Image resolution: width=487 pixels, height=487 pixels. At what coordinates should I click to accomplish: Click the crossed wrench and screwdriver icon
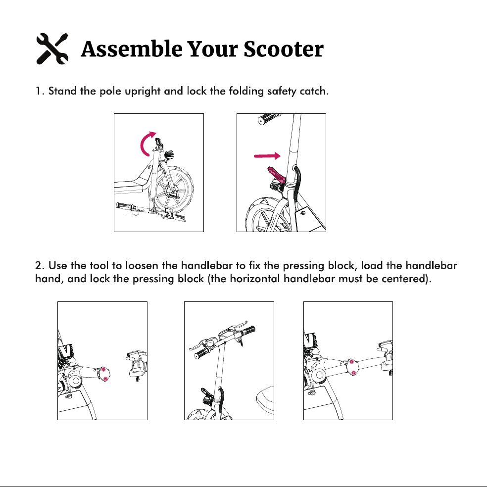tap(52, 49)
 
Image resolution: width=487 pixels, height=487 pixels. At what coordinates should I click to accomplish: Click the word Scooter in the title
tap(283, 49)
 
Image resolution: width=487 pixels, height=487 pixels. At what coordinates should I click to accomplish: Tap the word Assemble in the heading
tap(132, 49)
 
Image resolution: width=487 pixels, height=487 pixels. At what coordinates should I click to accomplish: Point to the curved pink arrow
tap(146, 144)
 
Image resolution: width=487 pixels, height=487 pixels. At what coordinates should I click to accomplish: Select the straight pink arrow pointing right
tap(267, 155)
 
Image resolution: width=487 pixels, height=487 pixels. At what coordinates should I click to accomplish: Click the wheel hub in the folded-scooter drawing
tap(172, 190)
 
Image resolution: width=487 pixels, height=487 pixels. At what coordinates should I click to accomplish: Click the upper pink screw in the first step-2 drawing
tap(103, 369)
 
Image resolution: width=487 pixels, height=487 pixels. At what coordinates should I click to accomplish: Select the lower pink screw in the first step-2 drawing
tap(105, 379)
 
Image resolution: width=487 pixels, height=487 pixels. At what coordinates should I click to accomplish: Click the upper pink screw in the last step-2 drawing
tap(351, 362)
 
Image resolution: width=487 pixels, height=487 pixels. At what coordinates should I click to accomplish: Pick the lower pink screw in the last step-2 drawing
tap(353, 372)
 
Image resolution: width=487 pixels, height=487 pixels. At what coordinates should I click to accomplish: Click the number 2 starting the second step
tap(38, 266)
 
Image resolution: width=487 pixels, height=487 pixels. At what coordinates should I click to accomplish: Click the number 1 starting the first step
tap(38, 91)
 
